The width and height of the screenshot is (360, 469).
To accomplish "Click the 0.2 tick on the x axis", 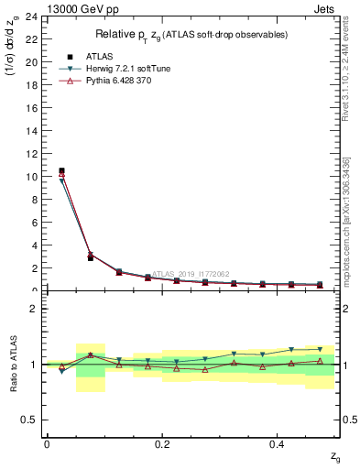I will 162,444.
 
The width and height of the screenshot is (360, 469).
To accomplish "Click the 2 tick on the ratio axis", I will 35,309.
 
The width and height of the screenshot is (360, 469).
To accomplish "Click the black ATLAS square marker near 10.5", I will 61,170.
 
